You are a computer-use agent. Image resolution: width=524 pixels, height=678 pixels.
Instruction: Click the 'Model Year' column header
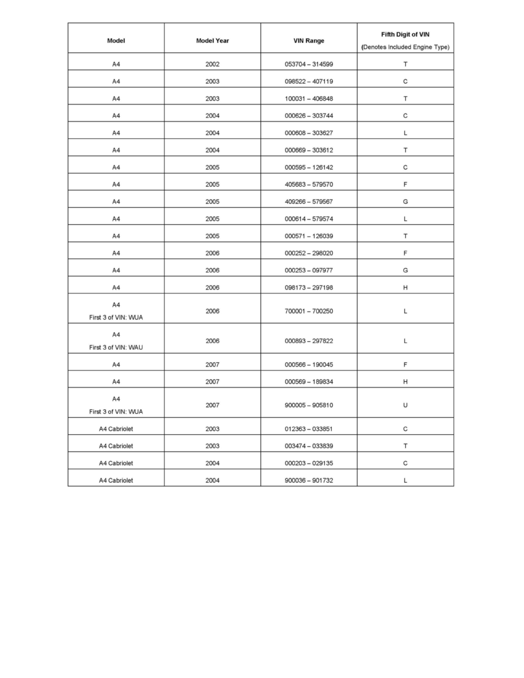pyautogui.click(x=212, y=41)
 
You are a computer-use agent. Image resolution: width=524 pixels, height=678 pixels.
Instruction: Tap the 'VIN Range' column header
pyautogui.click(x=309, y=41)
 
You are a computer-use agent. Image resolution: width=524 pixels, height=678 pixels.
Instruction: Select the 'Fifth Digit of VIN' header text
pyautogui.click(x=405, y=35)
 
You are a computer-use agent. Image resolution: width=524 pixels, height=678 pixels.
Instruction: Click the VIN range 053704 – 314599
pyautogui.click(x=309, y=64)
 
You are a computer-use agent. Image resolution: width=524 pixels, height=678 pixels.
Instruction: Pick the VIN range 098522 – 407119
pyautogui.click(x=309, y=82)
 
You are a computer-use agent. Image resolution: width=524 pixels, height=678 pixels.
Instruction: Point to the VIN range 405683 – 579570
pyautogui.click(x=309, y=184)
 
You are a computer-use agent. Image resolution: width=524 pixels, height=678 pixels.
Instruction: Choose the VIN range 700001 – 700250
pyautogui.click(x=309, y=312)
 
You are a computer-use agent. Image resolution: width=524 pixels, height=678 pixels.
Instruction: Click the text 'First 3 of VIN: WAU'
pyautogui.click(x=116, y=348)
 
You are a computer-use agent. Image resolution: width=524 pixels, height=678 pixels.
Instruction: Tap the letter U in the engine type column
pyautogui.click(x=405, y=405)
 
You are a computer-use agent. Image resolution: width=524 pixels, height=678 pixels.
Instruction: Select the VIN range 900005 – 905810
pyautogui.click(x=309, y=405)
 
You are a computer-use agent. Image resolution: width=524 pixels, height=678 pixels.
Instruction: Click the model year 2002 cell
pyautogui.click(x=212, y=64)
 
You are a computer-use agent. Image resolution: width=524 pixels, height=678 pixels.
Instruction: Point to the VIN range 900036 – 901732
pyautogui.click(x=309, y=481)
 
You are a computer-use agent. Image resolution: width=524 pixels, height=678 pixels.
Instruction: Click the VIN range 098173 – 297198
pyautogui.click(x=309, y=288)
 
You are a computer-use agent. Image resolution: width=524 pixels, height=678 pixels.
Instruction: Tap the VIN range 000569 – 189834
pyautogui.click(x=309, y=382)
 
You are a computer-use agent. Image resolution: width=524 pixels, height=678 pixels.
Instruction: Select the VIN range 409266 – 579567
pyautogui.click(x=309, y=201)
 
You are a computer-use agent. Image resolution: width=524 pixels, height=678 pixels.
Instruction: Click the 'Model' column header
pyautogui.click(x=116, y=41)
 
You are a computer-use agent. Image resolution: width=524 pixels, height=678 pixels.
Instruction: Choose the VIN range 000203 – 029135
pyautogui.click(x=309, y=463)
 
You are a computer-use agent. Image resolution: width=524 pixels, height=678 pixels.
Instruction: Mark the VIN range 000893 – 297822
pyautogui.click(x=309, y=341)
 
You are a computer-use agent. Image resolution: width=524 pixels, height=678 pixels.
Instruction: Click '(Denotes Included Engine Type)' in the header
pyautogui.click(x=405, y=47)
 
